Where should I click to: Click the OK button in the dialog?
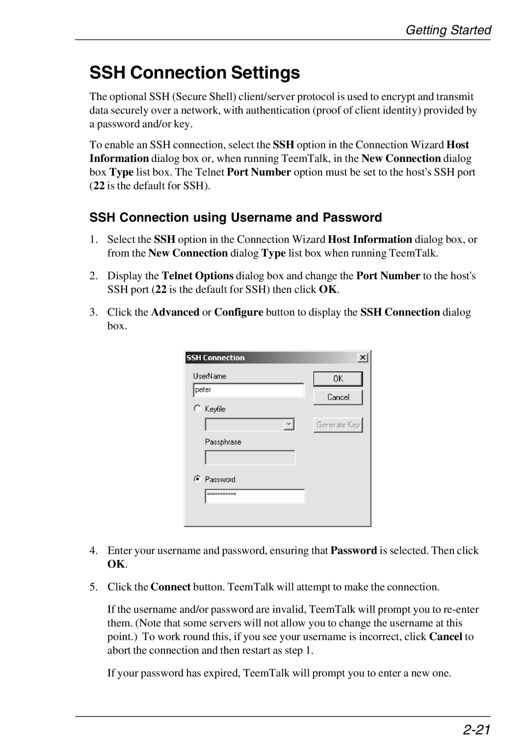[x=338, y=378]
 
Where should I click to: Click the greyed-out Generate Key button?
[x=338, y=425]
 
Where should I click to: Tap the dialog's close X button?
[x=363, y=358]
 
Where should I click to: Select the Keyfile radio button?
[x=197, y=408]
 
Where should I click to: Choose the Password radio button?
[x=197, y=479]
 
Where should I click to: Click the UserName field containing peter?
[x=248, y=390]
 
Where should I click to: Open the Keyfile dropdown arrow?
[x=290, y=425]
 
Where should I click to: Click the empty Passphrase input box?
[x=250, y=457]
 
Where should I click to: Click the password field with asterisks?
[x=255, y=496]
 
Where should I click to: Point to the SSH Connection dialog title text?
[x=215, y=358]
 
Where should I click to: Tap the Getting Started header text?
[x=448, y=30]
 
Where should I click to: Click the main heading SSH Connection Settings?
[x=194, y=73]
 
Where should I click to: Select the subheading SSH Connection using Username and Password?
[x=236, y=217]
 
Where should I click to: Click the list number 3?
[x=93, y=312]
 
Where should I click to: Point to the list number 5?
[x=93, y=587]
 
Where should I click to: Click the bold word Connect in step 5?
[x=170, y=587]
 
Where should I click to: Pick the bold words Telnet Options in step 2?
[x=197, y=276]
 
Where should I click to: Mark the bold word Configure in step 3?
[x=238, y=312]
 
